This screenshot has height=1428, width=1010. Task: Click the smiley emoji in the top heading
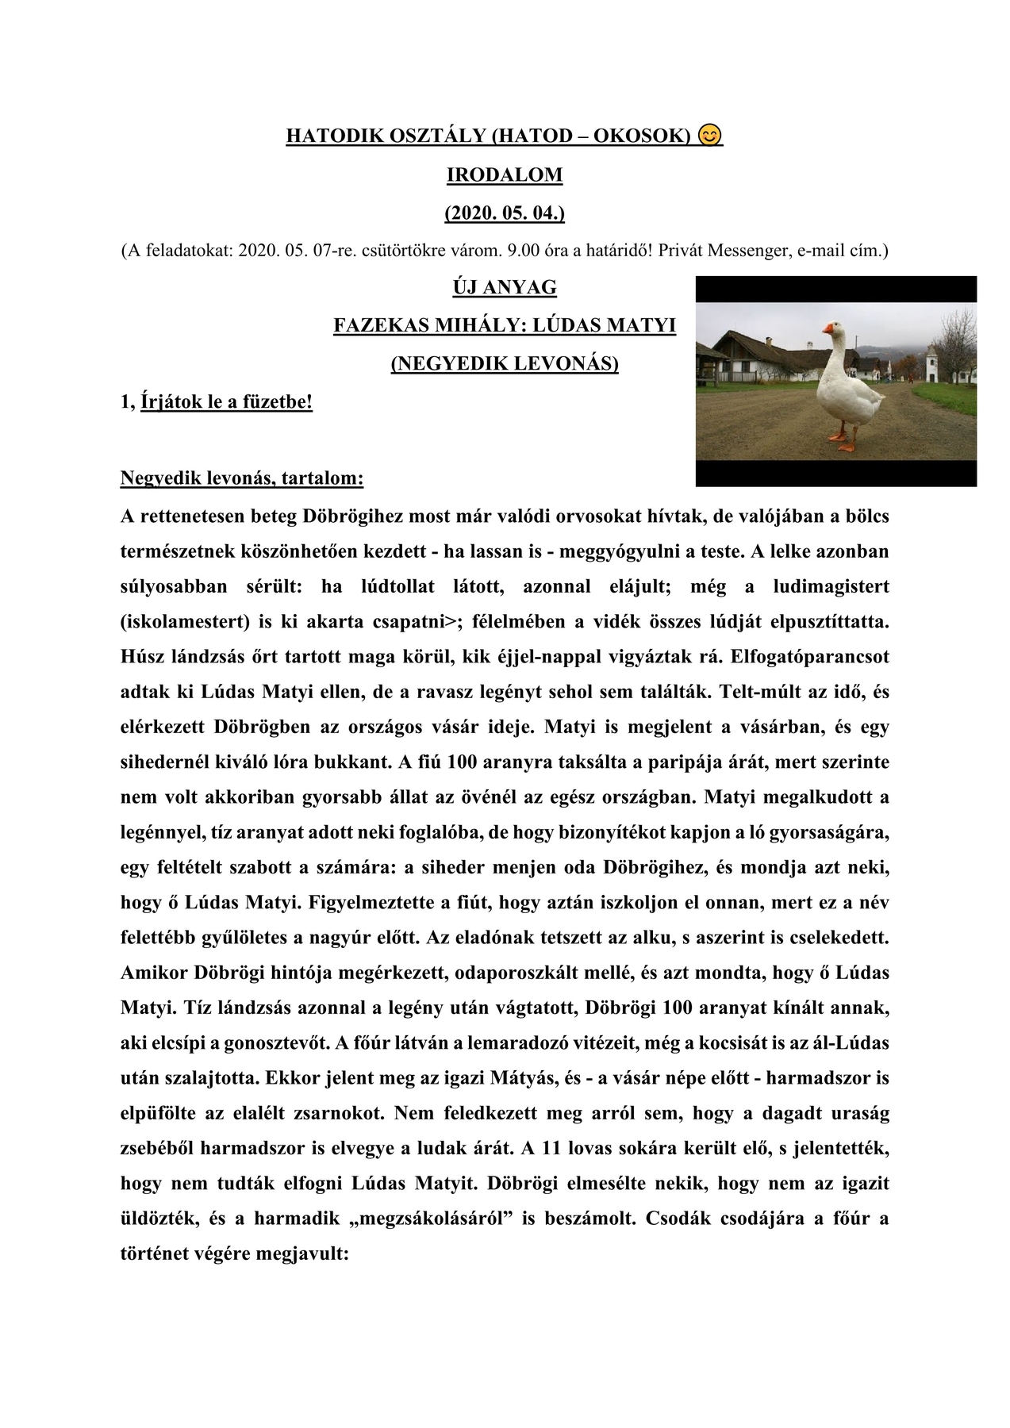tap(710, 136)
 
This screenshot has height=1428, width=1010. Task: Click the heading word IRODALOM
tap(505, 175)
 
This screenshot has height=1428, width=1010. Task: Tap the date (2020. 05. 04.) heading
tap(505, 213)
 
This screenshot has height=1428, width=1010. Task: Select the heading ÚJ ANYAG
tap(505, 286)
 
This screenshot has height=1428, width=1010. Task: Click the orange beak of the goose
tap(830, 328)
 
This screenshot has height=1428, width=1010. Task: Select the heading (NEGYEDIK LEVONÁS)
tap(505, 363)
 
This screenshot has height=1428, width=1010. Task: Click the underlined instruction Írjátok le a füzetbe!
tap(226, 402)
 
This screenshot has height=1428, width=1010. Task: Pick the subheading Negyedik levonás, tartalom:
tap(242, 478)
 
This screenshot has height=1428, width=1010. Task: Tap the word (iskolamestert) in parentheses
tap(184, 621)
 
